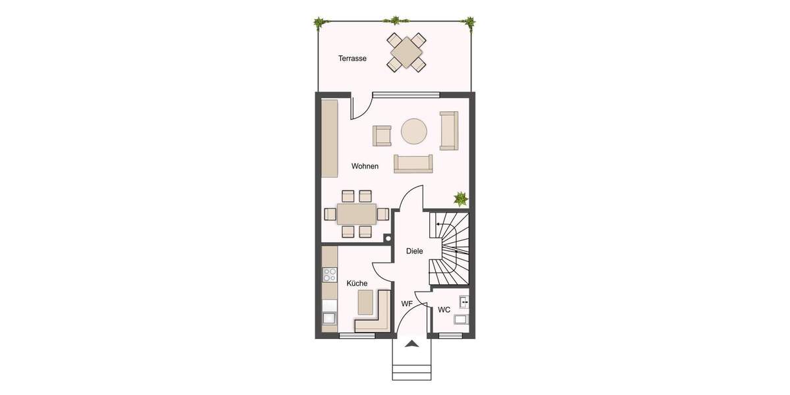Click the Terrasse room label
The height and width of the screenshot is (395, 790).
pos(352,59)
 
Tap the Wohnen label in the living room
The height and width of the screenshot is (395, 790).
pos(365,167)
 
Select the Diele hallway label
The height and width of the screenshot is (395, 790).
pos(414,251)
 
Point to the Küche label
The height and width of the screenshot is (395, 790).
pos(357,283)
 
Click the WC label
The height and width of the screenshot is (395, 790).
pos(444,309)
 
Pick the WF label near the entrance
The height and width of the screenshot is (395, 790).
pos(407,303)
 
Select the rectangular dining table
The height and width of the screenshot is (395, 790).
pos(356,214)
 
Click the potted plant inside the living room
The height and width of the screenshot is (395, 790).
pos(460,197)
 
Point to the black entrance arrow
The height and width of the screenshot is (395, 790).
pos(412,343)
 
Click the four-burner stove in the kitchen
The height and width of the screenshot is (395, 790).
pos(329,275)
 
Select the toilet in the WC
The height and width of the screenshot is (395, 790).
pos(461,321)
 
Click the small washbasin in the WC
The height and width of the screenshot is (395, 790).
pos(464,302)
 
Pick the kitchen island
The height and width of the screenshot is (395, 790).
pos(365,302)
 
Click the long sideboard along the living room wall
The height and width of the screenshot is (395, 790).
pos(329,138)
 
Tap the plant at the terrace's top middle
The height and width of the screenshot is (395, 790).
pos(395,21)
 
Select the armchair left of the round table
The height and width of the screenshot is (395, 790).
pos(382,135)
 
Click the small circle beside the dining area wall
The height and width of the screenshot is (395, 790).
pos(388,238)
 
